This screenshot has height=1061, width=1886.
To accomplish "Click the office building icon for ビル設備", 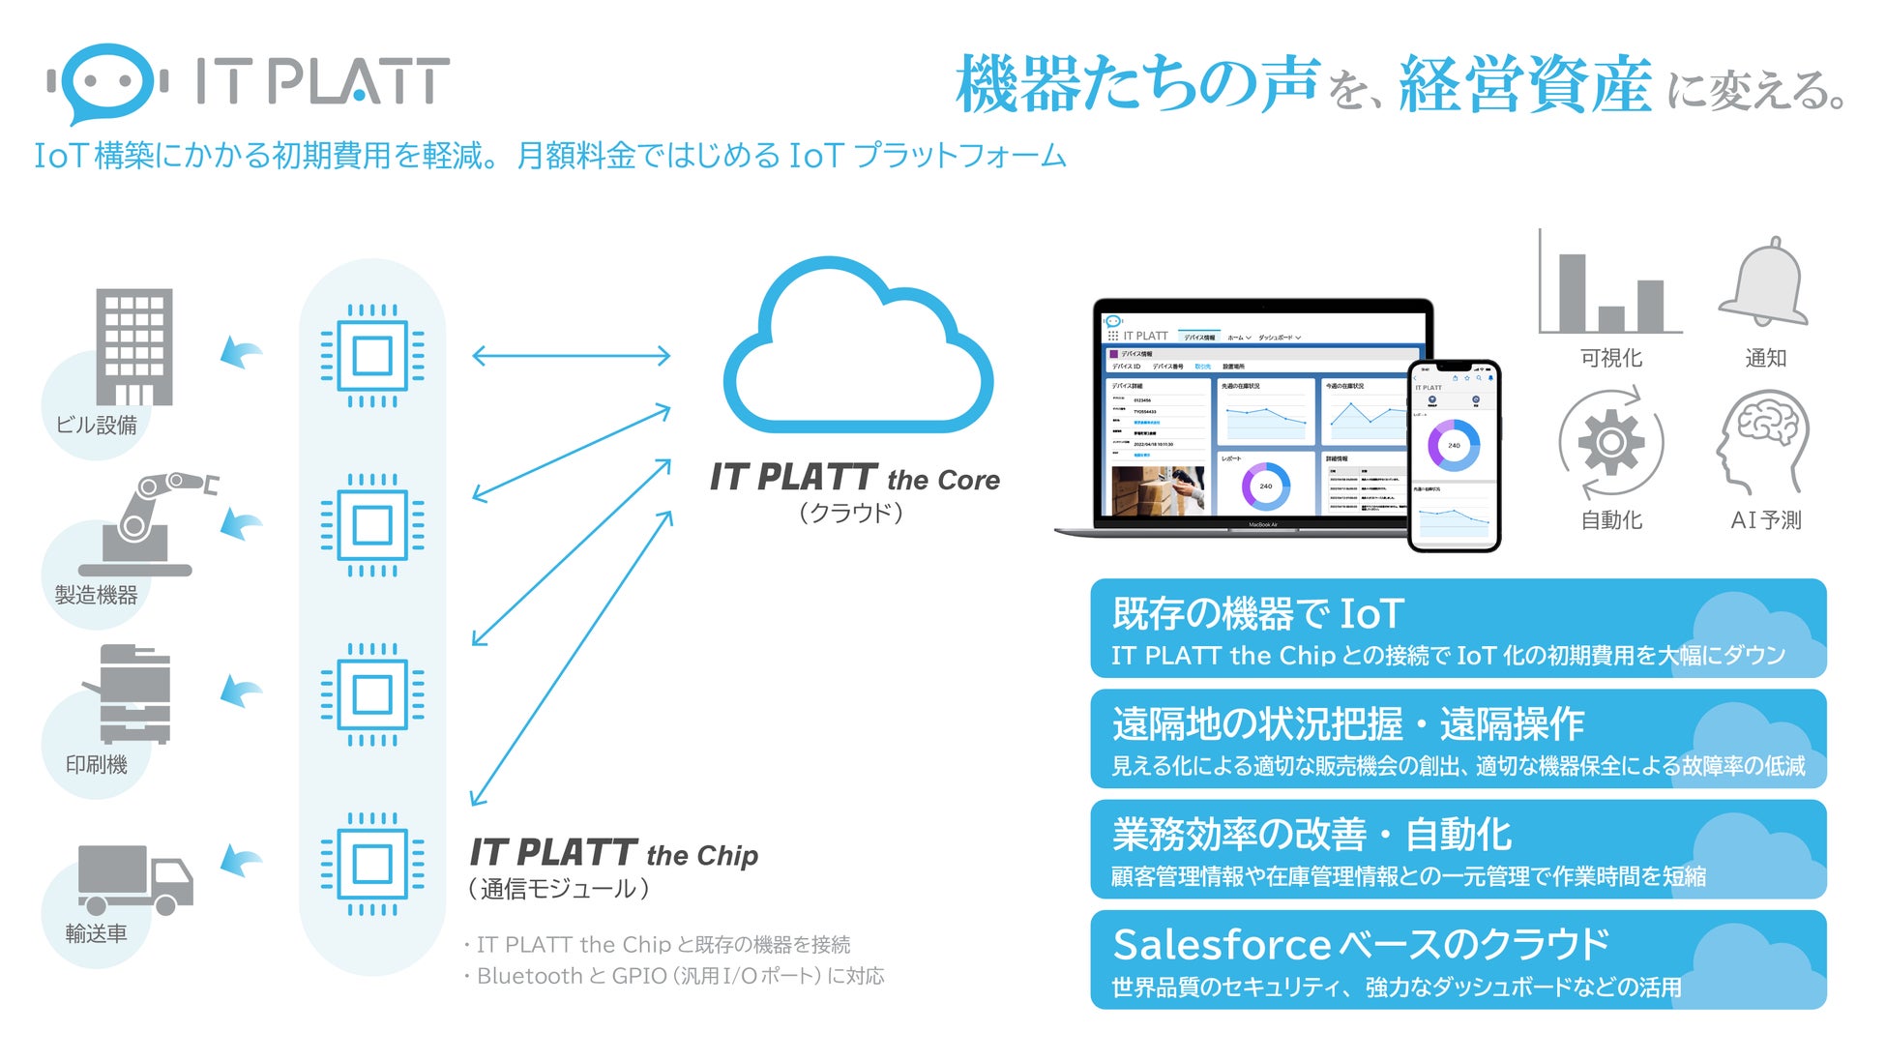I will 134,346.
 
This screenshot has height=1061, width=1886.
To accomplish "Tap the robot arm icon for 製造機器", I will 155,522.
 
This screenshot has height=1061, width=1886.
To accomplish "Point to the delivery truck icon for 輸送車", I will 135,879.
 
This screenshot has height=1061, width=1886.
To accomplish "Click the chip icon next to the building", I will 372,356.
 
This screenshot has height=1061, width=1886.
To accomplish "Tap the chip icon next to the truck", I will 372,864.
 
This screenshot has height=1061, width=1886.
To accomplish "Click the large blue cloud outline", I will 856,353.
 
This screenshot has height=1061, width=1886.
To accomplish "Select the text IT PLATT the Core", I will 855,478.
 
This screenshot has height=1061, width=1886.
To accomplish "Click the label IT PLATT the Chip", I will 614,854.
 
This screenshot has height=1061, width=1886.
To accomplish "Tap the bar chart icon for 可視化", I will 1610,285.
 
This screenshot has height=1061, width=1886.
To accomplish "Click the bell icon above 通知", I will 1765,283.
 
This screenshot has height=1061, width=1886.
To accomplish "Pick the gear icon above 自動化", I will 1610,443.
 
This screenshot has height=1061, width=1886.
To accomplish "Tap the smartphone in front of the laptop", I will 1454,455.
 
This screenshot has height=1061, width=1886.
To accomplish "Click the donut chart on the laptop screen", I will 1266,486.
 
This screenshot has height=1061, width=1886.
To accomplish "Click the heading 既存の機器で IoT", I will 1257,614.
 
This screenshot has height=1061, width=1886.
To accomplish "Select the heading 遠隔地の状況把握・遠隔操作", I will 1347,723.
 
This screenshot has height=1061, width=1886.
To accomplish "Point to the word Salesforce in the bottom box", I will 1223,945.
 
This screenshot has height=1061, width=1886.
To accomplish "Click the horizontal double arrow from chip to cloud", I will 571,356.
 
